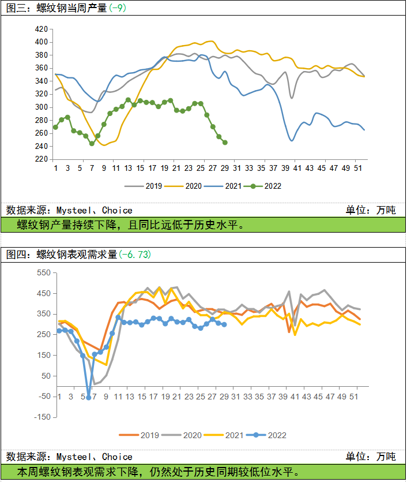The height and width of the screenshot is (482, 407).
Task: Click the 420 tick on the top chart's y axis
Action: click(42, 29)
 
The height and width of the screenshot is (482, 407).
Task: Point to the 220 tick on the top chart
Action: click(42, 159)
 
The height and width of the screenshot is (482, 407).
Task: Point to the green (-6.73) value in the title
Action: click(135, 254)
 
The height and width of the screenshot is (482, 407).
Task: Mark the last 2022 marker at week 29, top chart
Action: click(225, 143)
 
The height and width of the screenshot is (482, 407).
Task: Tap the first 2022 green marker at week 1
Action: click(55, 127)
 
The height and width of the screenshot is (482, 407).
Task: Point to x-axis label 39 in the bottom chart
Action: click(283, 397)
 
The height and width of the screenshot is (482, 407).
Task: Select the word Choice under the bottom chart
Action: click(118, 457)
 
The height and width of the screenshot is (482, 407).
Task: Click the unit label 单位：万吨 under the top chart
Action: click(371, 210)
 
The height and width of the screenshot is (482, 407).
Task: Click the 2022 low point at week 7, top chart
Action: click(92, 144)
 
